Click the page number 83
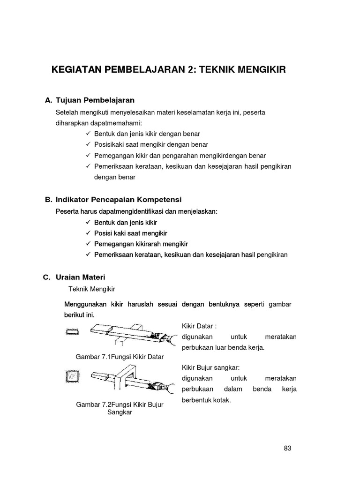[x=287, y=448]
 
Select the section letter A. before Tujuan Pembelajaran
[x=48, y=100]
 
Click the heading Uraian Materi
[x=83, y=277]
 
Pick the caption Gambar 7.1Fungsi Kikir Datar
[x=120, y=357]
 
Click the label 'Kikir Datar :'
[x=199, y=326]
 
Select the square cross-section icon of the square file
[x=71, y=376]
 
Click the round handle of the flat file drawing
[x=171, y=338]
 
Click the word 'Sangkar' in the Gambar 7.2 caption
[x=119, y=412]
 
